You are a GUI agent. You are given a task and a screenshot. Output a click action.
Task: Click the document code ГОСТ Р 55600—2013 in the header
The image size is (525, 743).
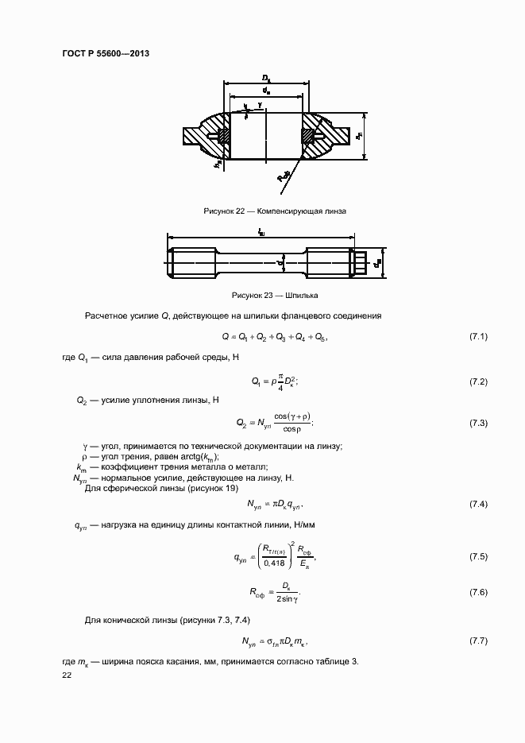point(106,54)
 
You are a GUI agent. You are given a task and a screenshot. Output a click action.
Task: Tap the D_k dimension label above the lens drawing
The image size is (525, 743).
point(266,78)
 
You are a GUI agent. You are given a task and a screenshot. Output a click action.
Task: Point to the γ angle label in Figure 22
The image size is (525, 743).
point(260,104)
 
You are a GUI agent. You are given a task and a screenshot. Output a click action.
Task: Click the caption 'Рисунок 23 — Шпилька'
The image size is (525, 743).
point(274,295)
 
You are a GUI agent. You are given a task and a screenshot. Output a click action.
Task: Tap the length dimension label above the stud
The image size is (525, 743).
point(262,231)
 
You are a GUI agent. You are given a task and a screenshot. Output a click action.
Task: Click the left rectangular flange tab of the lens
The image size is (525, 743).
point(195,137)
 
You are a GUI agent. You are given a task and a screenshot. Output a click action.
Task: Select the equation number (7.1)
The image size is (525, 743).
point(478,337)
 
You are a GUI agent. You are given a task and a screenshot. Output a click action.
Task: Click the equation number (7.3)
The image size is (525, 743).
point(478,423)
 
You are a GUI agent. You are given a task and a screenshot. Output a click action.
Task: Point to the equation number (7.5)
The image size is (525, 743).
point(478,556)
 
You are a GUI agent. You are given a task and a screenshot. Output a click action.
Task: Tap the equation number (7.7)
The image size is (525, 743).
point(478,640)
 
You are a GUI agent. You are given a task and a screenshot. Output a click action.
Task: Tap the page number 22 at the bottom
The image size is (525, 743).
point(67,675)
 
